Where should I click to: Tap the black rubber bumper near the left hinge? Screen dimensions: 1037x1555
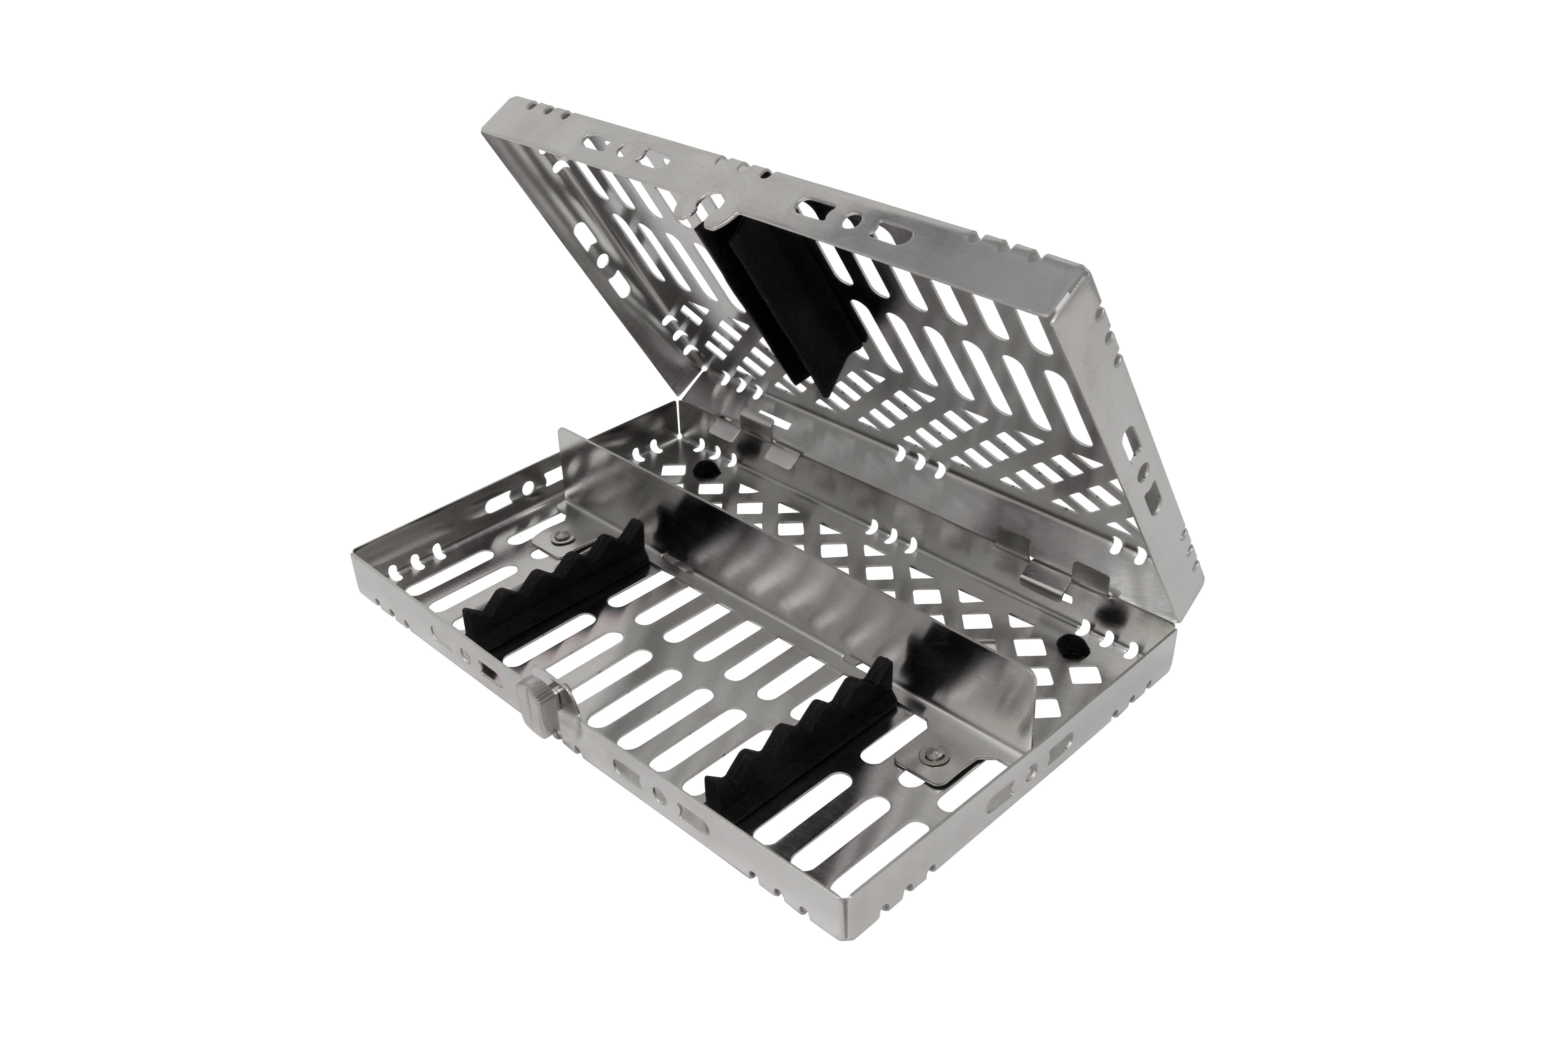coord(706,470)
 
